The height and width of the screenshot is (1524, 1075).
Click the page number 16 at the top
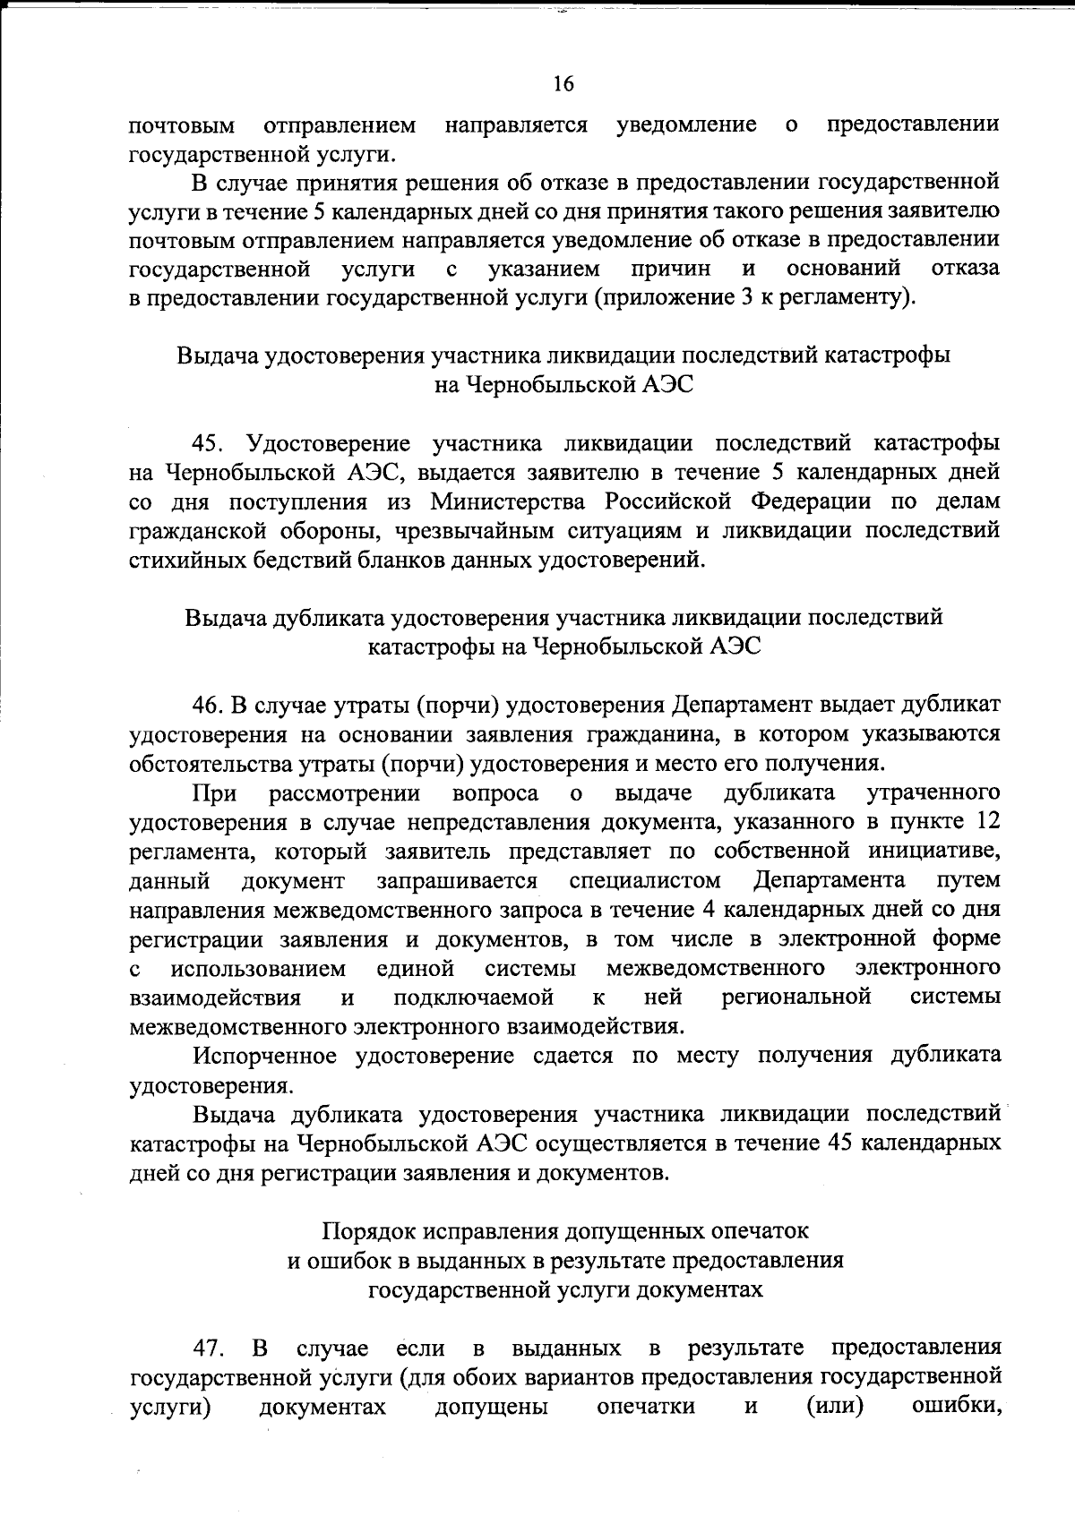click(563, 84)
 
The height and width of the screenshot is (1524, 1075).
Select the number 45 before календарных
click(847, 1143)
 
